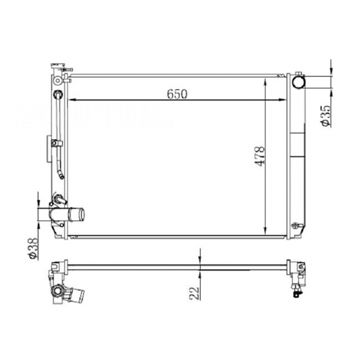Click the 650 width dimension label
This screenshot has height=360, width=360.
[x=177, y=94]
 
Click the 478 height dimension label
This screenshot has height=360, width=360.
[x=260, y=156]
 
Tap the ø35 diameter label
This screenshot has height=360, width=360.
[x=326, y=116]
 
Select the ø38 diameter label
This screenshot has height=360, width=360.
[x=33, y=249]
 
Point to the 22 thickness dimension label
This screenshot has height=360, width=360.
[x=195, y=293]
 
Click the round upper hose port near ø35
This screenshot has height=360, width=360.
[x=298, y=82]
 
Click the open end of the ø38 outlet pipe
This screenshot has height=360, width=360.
[x=82, y=215]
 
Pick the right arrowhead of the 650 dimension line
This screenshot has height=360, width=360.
[x=282, y=100]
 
